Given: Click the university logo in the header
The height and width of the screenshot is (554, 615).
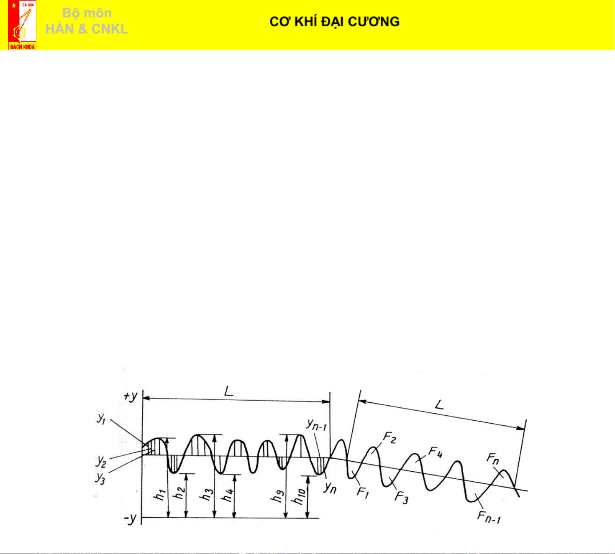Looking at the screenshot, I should (22, 25).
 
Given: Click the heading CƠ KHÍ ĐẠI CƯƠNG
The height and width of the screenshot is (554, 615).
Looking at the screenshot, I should (334, 22).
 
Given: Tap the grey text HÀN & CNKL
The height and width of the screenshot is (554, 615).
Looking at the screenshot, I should (87, 29).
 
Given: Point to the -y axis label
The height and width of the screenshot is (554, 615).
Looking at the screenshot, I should (130, 519).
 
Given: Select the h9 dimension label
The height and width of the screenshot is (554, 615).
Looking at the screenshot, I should (278, 496).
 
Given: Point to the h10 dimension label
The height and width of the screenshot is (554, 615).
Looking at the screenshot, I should (300, 496).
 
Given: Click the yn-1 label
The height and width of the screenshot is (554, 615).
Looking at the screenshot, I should (316, 425).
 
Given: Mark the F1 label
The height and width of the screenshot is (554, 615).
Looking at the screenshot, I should (362, 492).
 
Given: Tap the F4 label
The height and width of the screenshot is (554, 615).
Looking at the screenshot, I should (436, 452).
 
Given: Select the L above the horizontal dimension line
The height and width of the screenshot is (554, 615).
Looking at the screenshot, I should (228, 392).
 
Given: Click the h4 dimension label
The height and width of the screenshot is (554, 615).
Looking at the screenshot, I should (227, 496).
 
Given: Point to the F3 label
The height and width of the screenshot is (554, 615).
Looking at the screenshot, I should (402, 498).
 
